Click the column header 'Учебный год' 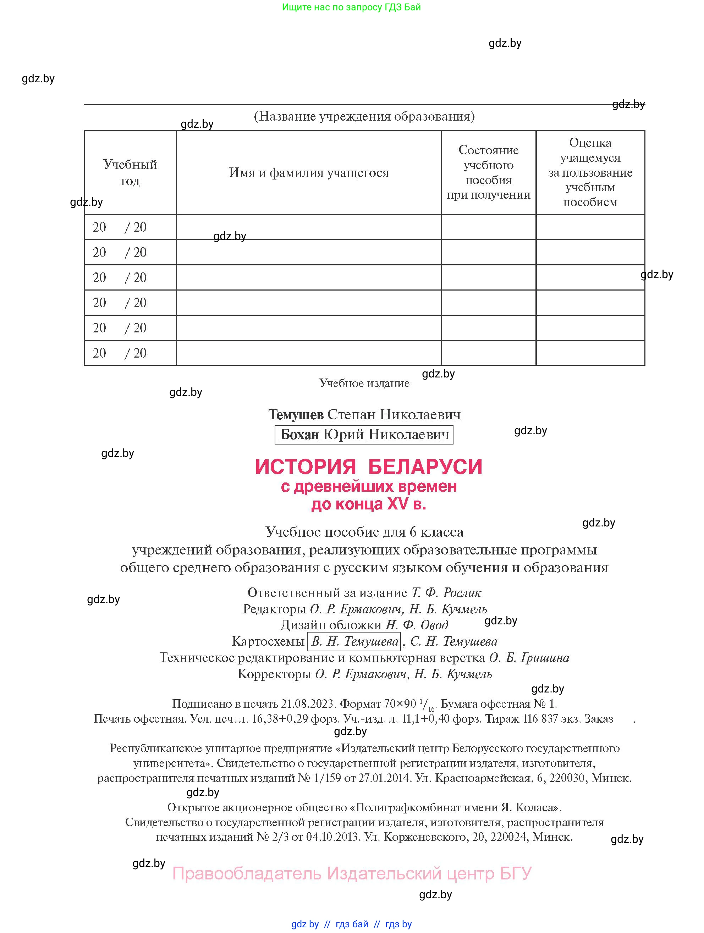[x=130, y=172]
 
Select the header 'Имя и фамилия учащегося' [x=308, y=172]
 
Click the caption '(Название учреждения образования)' [x=364, y=116]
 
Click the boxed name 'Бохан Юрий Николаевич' [x=364, y=435]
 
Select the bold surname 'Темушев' [x=296, y=415]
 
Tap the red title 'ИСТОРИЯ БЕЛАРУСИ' [x=368, y=467]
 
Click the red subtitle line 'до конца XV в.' [x=368, y=504]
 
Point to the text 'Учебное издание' [x=364, y=383]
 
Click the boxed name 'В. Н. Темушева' [x=354, y=641]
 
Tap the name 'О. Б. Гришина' [x=529, y=658]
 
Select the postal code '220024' [x=509, y=837]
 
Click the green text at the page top [x=351, y=7]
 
